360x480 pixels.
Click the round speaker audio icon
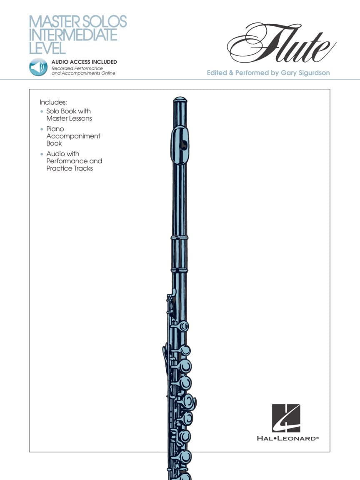(x=38, y=67)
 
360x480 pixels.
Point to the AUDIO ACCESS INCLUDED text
(x=84, y=62)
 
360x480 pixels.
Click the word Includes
(x=53, y=102)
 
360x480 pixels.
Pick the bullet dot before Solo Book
(x=41, y=112)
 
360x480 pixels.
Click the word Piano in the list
(x=55, y=129)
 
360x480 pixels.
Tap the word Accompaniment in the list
(x=73, y=136)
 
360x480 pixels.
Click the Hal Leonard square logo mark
(x=286, y=418)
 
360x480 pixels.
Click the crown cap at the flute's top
(x=180, y=100)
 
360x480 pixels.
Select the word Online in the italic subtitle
(x=106, y=73)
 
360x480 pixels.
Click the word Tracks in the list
(x=82, y=168)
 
